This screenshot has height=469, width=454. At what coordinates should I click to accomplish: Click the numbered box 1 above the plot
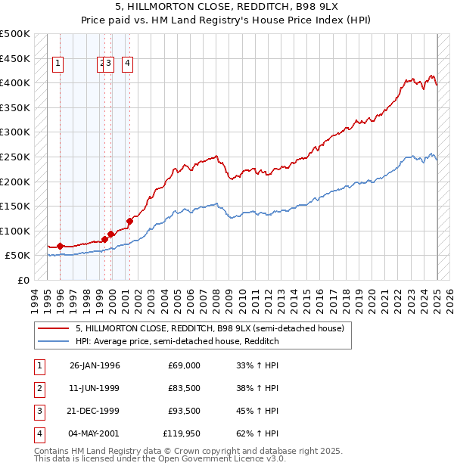pos(58,64)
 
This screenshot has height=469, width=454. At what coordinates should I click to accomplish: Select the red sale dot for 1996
pos(60,246)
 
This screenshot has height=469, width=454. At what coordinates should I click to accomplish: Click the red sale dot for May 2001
pos(129,221)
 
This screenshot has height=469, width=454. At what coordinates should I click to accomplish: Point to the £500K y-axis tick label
pos(15,34)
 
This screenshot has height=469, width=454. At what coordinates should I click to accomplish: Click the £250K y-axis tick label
pos(15,157)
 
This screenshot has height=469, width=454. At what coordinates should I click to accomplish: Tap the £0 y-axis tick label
pos(23,280)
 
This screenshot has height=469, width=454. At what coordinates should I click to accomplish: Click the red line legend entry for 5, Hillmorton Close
pos(210,328)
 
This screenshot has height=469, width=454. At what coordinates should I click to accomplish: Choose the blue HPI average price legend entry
pos(177,342)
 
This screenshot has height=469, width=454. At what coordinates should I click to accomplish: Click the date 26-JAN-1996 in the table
pos(95,365)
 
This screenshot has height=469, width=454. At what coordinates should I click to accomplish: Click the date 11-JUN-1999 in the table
pos(95,388)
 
